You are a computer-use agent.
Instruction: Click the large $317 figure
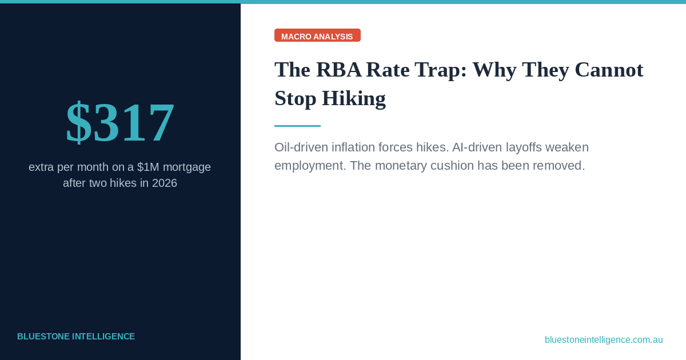click(x=120, y=122)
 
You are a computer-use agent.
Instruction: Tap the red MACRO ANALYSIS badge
click(x=317, y=36)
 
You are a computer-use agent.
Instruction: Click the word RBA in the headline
click(x=339, y=70)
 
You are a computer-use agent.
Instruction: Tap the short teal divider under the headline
click(x=297, y=126)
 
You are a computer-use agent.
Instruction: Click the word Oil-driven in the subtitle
click(x=301, y=147)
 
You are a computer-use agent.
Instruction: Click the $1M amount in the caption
click(x=148, y=167)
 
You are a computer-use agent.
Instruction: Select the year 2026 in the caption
click(x=164, y=183)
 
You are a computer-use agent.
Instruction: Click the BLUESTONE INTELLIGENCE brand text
click(x=76, y=337)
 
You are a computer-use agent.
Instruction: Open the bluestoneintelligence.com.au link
click(x=604, y=340)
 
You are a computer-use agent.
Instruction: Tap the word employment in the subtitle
click(x=310, y=166)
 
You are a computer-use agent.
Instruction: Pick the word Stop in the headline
click(x=295, y=98)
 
